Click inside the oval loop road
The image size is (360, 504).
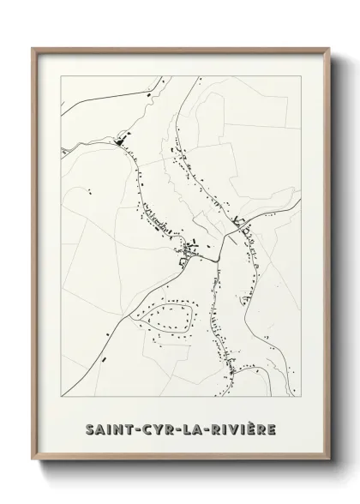168,320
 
